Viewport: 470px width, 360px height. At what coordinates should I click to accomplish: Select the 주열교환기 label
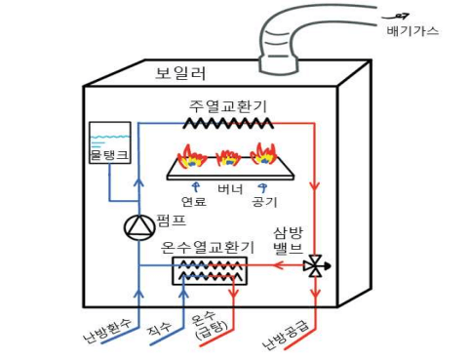pyautogui.click(x=228, y=103)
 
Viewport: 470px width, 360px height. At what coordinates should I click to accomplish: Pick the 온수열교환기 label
pyautogui.click(x=210, y=246)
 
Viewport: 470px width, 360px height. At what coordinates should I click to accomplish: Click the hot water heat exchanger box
pyautogui.click(x=210, y=271)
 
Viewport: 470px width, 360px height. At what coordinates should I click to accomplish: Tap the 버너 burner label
pyautogui.click(x=230, y=187)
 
